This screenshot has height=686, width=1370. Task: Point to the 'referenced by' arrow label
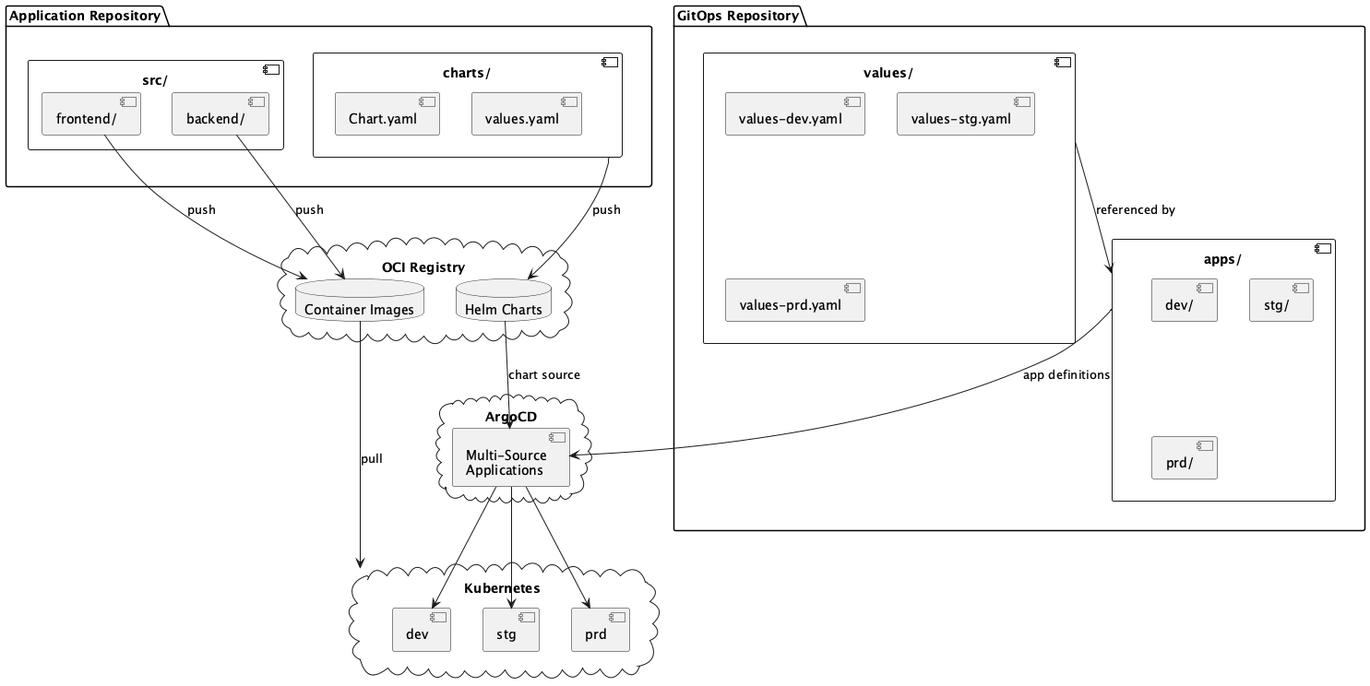click(1135, 210)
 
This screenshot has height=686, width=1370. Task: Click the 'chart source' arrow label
click(544, 375)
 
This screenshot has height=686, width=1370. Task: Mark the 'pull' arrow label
click(371, 458)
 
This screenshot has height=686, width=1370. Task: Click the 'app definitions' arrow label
click(1066, 375)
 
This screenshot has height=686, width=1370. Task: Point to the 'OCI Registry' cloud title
click(423, 267)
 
